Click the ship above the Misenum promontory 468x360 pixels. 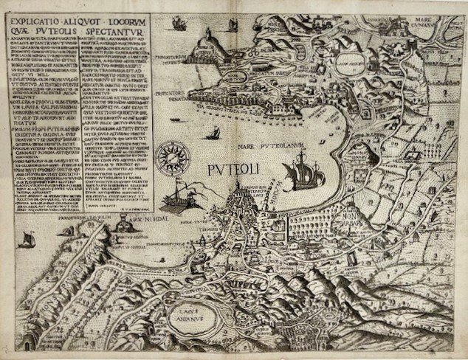tap(176, 24)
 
